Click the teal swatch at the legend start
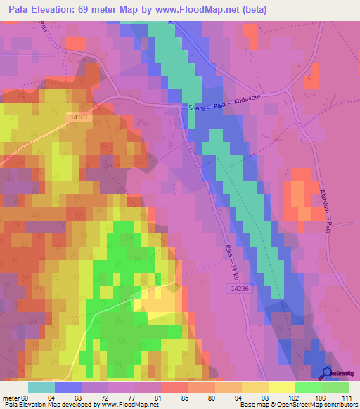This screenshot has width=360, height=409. point(41,387)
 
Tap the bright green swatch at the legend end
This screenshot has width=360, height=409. point(335,387)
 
